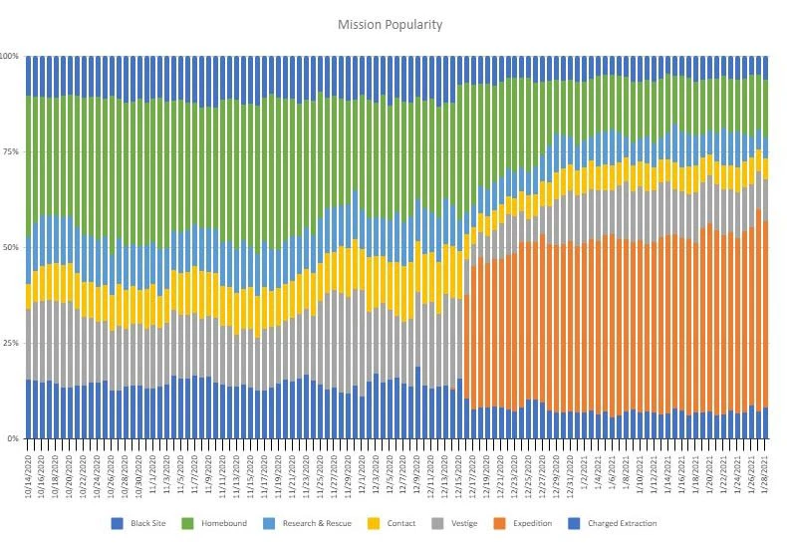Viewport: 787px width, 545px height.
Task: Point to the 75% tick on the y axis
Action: [x=10, y=151]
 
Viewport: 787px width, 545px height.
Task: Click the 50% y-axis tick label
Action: [x=10, y=247]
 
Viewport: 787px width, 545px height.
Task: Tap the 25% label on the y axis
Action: [x=10, y=343]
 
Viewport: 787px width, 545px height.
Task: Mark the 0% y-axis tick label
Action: [x=13, y=438]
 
